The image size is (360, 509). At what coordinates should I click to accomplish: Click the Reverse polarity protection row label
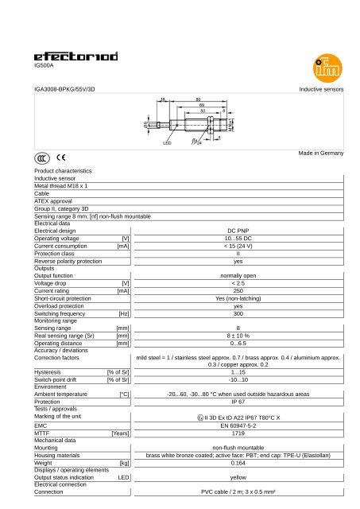68,261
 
